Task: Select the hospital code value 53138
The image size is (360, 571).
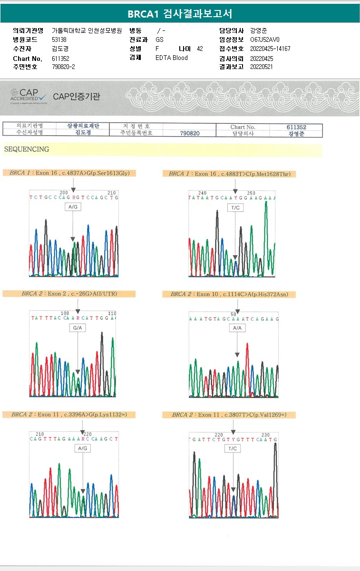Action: pyautogui.click(x=59, y=40)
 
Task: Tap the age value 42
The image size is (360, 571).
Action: pyautogui.click(x=200, y=49)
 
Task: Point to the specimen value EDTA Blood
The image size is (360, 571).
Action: pyautogui.click(x=171, y=58)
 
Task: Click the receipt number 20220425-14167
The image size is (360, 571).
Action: pyautogui.click(x=270, y=49)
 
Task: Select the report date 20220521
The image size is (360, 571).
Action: pyautogui.click(x=262, y=67)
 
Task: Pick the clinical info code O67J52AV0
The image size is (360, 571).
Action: pyautogui.click(x=265, y=40)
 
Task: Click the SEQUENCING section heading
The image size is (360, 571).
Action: pyautogui.click(x=27, y=149)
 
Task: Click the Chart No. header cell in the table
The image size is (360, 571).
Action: pyautogui.click(x=243, y=127)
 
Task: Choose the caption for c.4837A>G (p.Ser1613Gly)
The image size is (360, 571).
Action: pyautogui.click(x=69, y=173)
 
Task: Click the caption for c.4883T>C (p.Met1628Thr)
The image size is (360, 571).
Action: pyautogui.click(x=229, y=174)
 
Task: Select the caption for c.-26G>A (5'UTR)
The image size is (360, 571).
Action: pyautogui.click(x=69, y=294)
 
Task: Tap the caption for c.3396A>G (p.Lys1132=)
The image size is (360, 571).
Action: pyautogui.click(x=69, y=414)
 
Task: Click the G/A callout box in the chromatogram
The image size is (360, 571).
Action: pyautogui.click(x=77, y=328)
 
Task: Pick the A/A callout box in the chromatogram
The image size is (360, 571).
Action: pyautogui.click(x=236, y=328)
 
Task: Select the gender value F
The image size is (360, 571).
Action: pyautogui.click(x=157, y=49)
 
